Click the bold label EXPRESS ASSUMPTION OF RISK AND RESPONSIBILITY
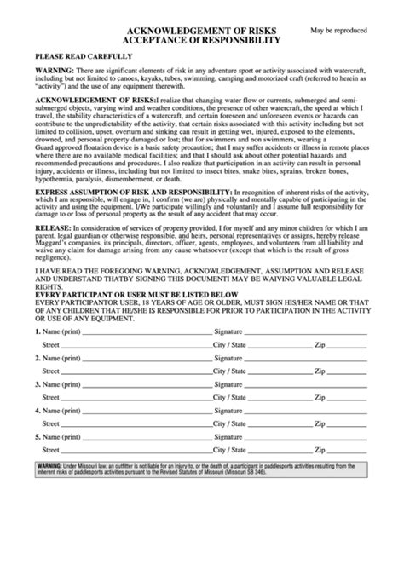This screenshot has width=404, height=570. click(132, 193)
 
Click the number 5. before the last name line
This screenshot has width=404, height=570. click(38, 438)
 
